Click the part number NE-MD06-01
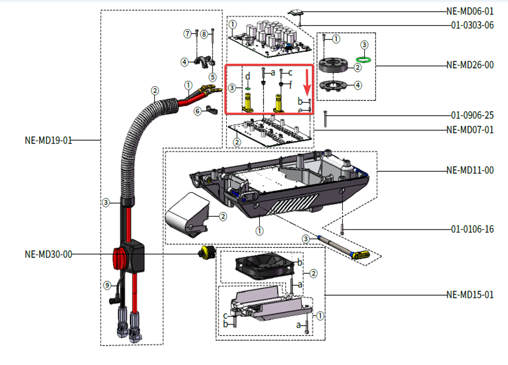[x=469, y=11]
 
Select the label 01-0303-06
[x=472, y=25]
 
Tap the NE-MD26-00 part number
[x=469, y=65]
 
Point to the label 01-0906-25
[x=472, y=116]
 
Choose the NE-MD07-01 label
[x=469, y=130]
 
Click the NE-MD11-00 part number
[x=469, y=170]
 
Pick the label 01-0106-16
[x=472, y=229]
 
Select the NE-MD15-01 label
[x=469, y=295]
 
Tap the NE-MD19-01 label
[x=48, y=140]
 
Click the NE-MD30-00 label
[x=48, y=254]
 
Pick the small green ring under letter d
[x=247, y=88]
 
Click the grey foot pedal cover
[x=188, y=213]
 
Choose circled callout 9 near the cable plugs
[x=107, y=285]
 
